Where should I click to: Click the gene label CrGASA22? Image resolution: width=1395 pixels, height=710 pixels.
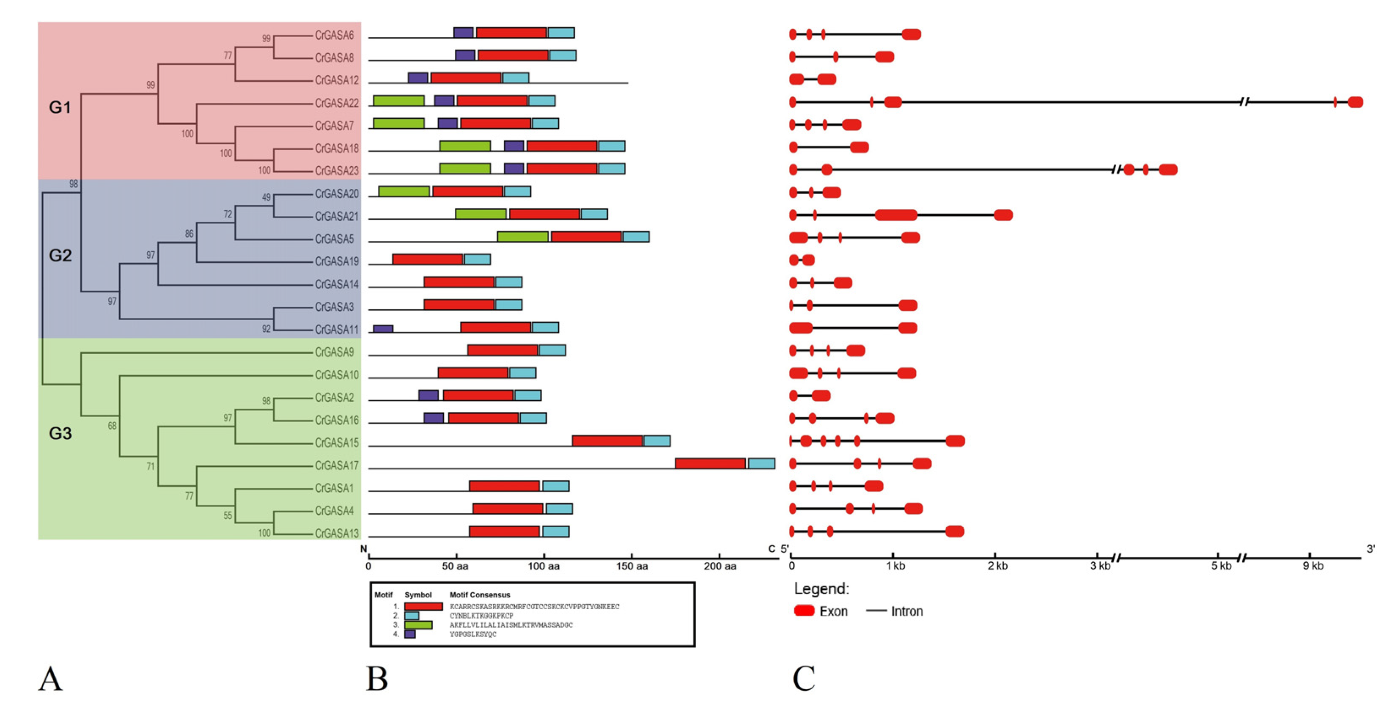[336, 103]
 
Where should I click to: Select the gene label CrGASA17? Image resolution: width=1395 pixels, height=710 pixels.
[336, 466]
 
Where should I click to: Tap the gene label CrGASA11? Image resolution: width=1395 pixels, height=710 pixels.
[336, 330]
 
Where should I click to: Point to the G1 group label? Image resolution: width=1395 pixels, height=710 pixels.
[60, 108]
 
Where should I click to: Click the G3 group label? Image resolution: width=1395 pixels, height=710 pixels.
[60, 434]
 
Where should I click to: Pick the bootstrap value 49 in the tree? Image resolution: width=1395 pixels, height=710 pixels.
[266, 198]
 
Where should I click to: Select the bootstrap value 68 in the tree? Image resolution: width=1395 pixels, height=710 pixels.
[112, 426]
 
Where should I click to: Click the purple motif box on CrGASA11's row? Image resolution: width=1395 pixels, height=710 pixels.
[383, 329]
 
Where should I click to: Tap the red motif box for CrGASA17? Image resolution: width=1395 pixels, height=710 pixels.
[710, 464]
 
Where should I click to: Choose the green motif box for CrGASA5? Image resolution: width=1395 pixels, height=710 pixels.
[522, 237]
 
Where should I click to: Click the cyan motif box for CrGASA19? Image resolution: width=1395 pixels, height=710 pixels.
[477, 259]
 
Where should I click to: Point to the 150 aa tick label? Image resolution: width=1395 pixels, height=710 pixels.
[632, 567]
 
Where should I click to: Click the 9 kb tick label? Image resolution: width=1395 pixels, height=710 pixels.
[1313, 567]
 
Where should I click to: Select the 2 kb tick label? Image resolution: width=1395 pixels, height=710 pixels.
[997, 567]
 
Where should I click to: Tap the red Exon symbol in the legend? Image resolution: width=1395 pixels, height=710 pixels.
[804, 611]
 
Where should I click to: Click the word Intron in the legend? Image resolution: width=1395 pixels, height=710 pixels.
[906, 611]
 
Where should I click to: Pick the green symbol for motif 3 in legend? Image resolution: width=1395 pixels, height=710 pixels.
[418, 625]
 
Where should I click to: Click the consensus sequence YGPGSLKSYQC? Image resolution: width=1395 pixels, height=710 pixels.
[473, 634]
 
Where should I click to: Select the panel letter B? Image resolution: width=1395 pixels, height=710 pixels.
[377, 679]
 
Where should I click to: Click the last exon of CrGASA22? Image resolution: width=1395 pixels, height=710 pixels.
[1355, 102]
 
